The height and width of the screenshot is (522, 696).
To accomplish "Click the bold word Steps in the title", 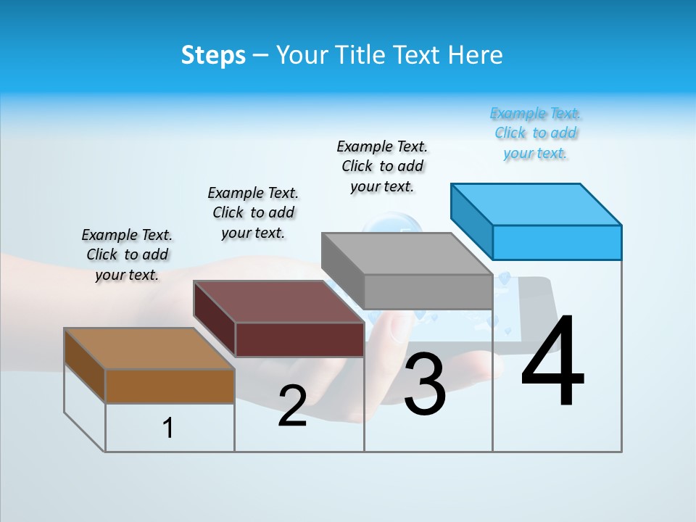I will coord(213,55).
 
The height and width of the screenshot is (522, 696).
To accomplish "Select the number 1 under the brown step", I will coord(168,428).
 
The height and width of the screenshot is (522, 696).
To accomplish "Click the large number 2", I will coord(292,406).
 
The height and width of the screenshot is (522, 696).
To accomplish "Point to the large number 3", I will coord(424,385).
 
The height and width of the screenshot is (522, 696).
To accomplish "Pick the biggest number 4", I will coord(552,362).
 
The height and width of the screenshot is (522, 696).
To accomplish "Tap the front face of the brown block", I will coord(170,386).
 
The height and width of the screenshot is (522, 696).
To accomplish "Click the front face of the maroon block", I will coord(299,339).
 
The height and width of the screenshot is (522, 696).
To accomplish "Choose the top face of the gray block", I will coord(407,254).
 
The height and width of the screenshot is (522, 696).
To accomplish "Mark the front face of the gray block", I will coord(428,291).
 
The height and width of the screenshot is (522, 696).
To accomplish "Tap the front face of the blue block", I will coord(557,242).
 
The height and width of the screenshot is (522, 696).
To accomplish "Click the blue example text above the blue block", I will coord(536,133).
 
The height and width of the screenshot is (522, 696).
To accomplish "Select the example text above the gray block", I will coord(382,166).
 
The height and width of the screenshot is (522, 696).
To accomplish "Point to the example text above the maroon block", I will coord(253,212).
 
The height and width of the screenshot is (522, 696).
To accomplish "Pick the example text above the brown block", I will coord(127,254).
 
